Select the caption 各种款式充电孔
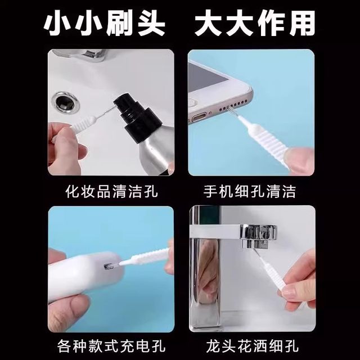click(x=111, y=343)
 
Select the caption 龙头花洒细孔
click(x=250, y=343)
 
